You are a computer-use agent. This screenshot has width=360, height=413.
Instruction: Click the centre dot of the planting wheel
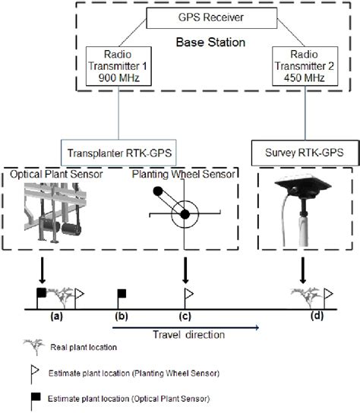tap(184, 216)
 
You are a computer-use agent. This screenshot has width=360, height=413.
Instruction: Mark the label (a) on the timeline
tap(58, 316)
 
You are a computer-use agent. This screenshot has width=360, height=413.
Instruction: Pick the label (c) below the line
tap(184, 316)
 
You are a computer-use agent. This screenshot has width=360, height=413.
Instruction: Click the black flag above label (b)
tap(120, 294)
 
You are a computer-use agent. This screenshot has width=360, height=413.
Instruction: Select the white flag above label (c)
tap(187, 294)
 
